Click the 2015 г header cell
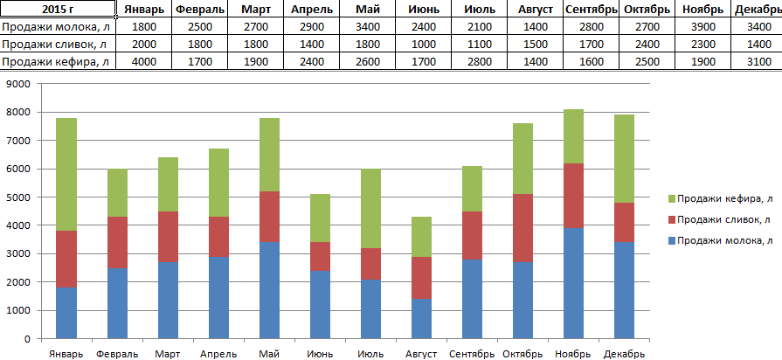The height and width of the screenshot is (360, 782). (58, 9)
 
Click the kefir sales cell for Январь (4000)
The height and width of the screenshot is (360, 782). (144, 61)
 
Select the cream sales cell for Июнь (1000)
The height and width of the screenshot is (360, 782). (424, 44)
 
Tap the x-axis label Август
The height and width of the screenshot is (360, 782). (422, 354)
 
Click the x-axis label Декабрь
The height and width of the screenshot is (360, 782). (624, 354)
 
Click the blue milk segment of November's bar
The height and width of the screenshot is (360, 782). (573, 283)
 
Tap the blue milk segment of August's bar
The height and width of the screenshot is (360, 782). (421, 318)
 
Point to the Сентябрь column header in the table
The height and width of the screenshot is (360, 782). (592, 9)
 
